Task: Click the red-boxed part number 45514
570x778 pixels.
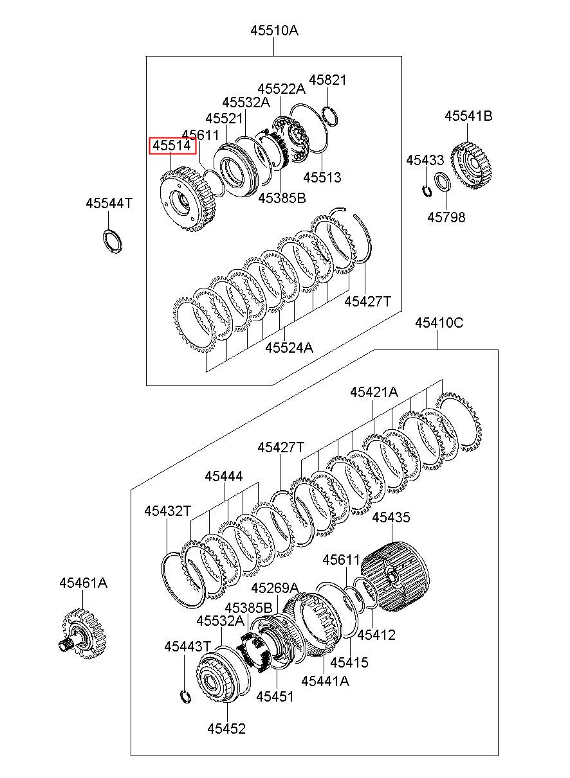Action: (171, 146)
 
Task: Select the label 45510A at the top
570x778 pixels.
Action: (275, 30)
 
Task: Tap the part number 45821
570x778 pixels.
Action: (327, 80)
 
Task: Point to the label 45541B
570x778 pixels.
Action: (468, 116)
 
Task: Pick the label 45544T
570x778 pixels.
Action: (109, 204)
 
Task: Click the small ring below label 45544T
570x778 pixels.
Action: (112, 240)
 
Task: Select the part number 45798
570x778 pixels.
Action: (446, 217)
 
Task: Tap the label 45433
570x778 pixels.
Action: (425, 160)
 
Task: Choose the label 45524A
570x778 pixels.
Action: (289, 348)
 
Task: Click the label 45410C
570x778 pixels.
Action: (438, 323)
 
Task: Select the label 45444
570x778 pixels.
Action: (224, 476)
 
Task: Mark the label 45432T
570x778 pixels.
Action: (167, 511)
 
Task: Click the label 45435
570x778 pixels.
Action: (391, 517)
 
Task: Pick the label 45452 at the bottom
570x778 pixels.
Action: (226, 729)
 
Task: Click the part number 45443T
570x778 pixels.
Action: (187, 646)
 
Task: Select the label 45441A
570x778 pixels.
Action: (325, 681)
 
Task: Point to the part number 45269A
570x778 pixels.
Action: (275, 588)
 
